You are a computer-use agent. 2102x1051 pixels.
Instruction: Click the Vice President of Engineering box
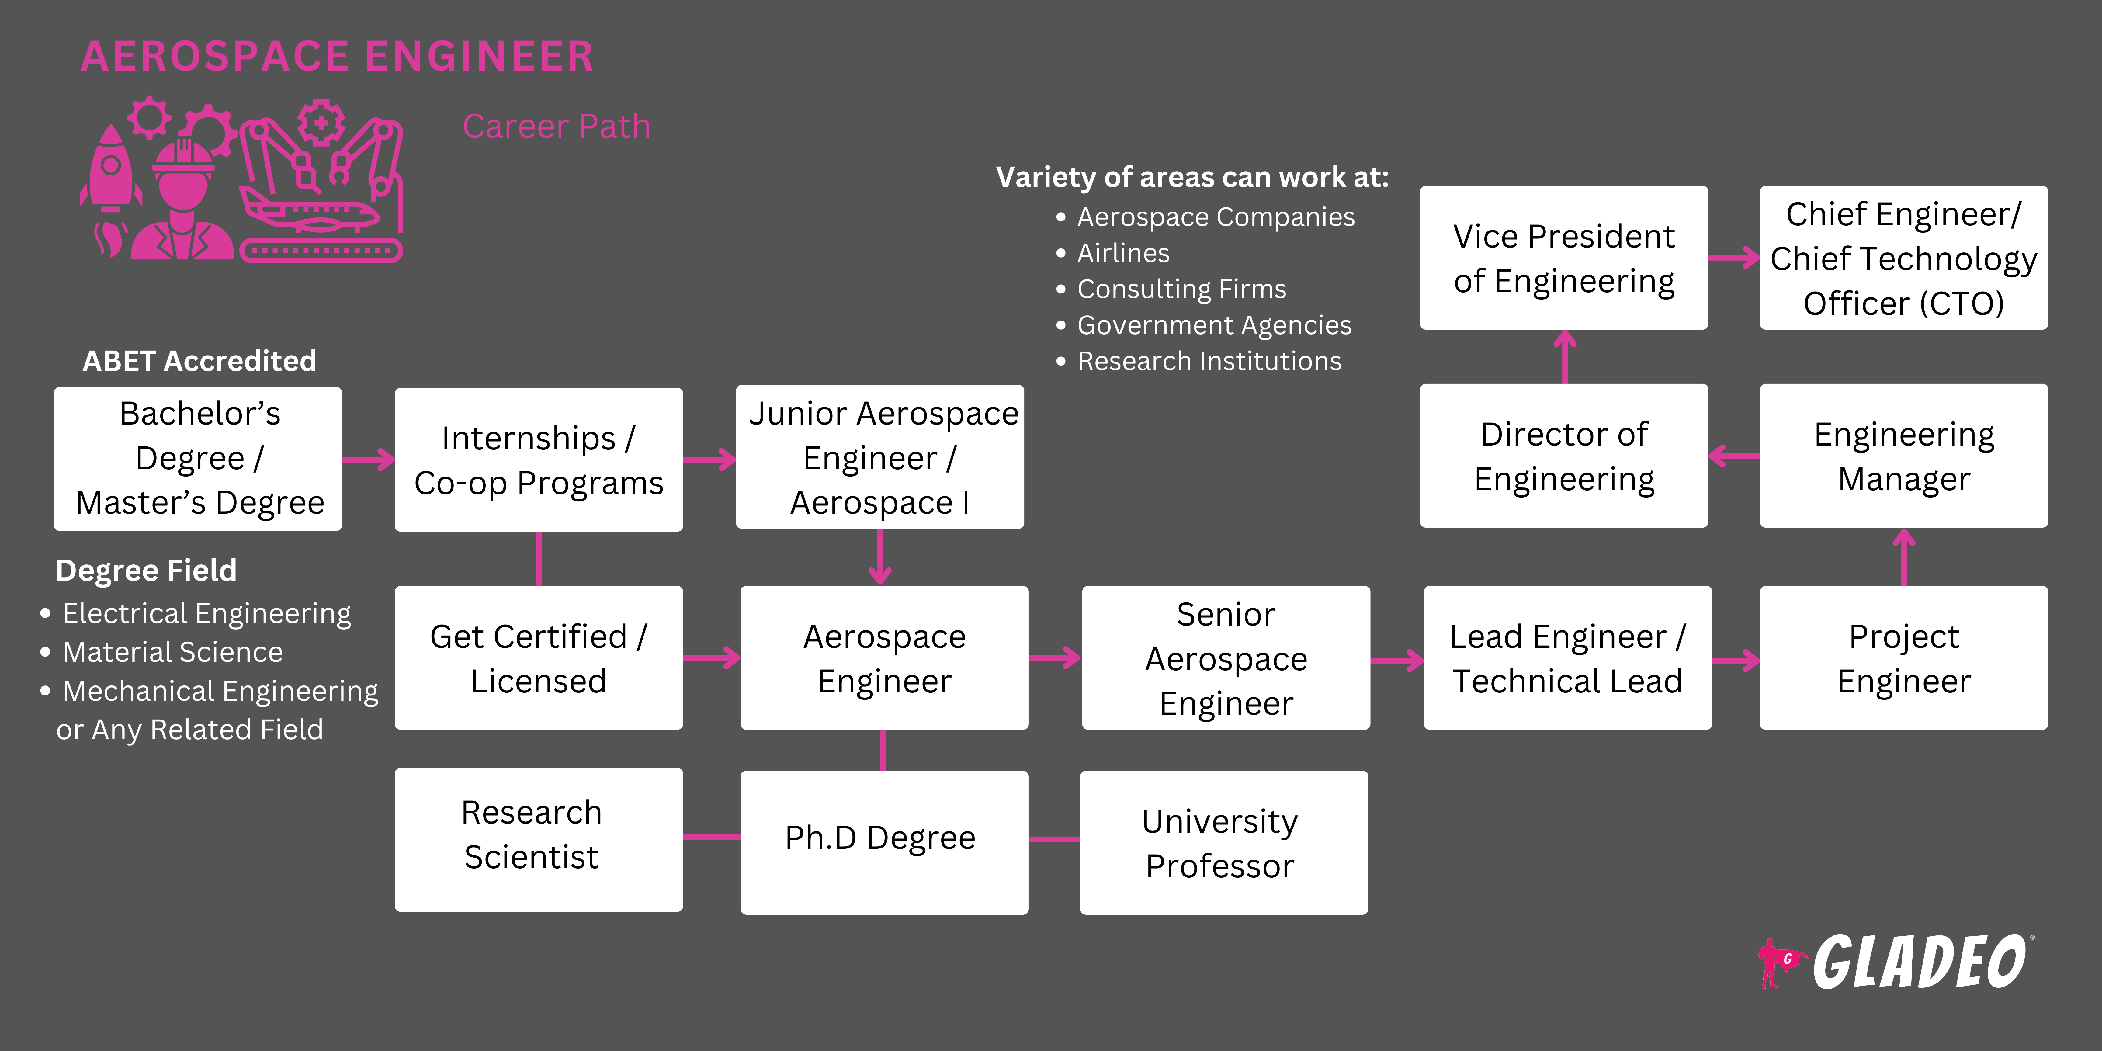(1563, 258)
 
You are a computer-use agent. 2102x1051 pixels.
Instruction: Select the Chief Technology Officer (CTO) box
(1903, 258)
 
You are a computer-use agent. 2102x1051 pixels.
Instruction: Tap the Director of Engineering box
(1563, 456)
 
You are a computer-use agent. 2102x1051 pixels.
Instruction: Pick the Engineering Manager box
(1903, 456)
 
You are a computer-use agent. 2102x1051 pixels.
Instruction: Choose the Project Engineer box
(1903, 658)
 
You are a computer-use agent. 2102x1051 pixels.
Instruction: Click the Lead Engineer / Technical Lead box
(1567, 658)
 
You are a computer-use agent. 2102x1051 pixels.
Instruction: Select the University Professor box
(1223, 842)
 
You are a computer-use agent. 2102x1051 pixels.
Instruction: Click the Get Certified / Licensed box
(539, 658)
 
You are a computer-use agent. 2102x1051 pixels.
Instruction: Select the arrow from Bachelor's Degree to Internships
(368, 460)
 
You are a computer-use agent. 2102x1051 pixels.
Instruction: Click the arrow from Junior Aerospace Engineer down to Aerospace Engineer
(880, 557)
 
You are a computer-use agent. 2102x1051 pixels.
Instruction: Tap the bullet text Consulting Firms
(1181, 289)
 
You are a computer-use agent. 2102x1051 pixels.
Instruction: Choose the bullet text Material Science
(172, 652)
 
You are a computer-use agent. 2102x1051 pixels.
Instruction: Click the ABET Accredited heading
(199, 361)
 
